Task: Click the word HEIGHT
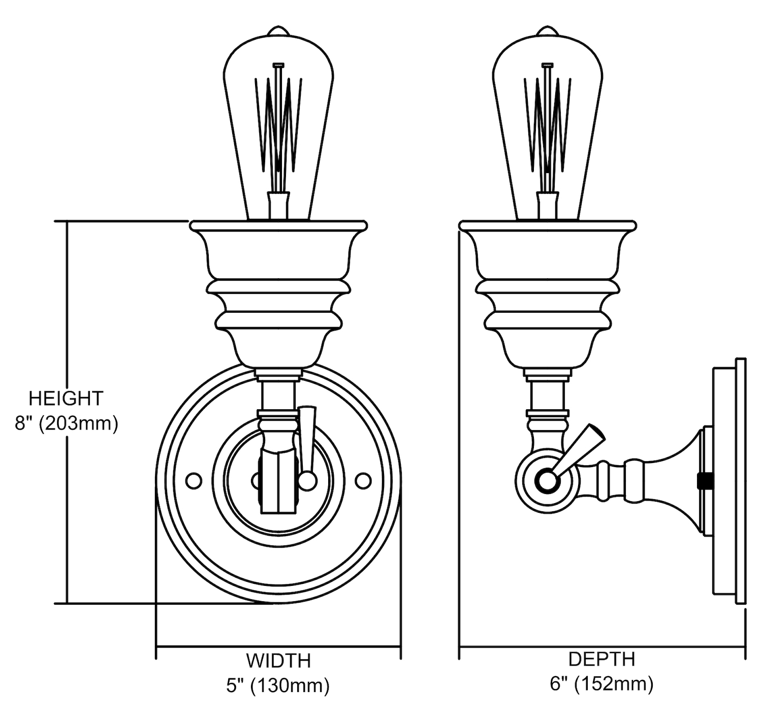(x=66, y=399)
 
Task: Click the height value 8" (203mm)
(x=66, y=423)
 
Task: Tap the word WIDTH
(x=278, y=661)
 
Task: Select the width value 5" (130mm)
(x=278, y=685)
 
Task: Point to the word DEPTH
(x=601, y=659)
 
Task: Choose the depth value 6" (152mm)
(x=601, y=684)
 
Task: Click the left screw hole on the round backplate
(x=194, y=480)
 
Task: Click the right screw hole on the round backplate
(x=363, y=480)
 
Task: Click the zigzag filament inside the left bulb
(x=278, y=122)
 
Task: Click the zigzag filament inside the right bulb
(x=547, y=122)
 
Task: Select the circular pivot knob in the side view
(x=547, y=480)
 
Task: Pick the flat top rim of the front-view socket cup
(x=278, y=224)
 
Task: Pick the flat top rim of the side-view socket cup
(x=547, y=224)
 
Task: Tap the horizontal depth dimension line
(x=602, y=647)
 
